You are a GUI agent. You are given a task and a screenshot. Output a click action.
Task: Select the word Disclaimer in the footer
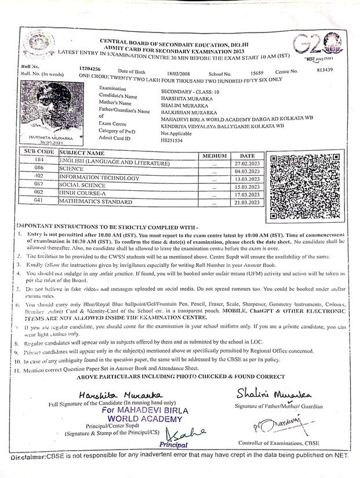[27, 458]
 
